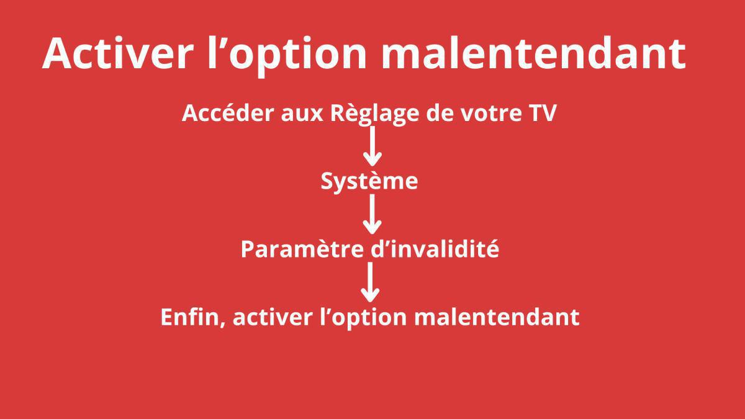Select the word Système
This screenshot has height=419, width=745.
pos(369,182)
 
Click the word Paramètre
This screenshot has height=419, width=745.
pos(297,249)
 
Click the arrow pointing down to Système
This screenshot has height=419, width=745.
pos(371,146)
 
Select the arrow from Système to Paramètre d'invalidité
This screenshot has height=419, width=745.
pos(371,214)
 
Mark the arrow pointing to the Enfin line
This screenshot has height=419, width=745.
pos(371,282)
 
